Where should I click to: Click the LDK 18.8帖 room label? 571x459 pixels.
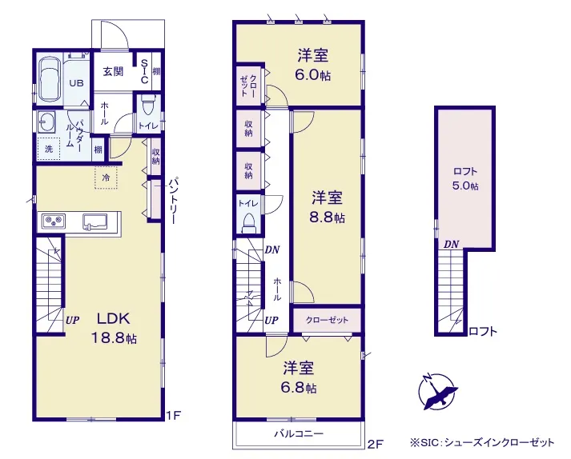tap(113, 328)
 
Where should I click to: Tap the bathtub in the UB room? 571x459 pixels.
tap(49, 79)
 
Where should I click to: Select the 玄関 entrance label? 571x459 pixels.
tap(113, 72)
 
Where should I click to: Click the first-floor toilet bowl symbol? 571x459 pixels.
tap(148, 105)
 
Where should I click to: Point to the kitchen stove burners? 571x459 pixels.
tap(54, 221)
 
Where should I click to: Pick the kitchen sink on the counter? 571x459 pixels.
tap(95, 222)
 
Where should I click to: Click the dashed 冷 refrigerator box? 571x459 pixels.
tap(106, 178)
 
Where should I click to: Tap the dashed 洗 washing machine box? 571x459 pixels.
tap(48, 149)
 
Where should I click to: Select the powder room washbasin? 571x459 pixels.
tap(46, 122)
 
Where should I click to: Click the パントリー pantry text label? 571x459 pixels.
tap(174, 201)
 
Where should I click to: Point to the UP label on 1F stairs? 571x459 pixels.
tap(73, 321)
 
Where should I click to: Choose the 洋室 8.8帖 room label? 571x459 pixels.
tap(328, 207)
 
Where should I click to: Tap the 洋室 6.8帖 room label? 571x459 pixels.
tap(299, 377)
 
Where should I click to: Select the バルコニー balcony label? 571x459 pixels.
tap(299, 433)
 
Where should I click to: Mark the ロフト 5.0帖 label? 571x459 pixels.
tap(465, 178)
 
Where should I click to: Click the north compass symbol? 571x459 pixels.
tap(437, 391)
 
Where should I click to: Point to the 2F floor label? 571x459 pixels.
tap(376, 444)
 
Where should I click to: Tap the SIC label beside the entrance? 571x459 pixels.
tap(144, 71)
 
